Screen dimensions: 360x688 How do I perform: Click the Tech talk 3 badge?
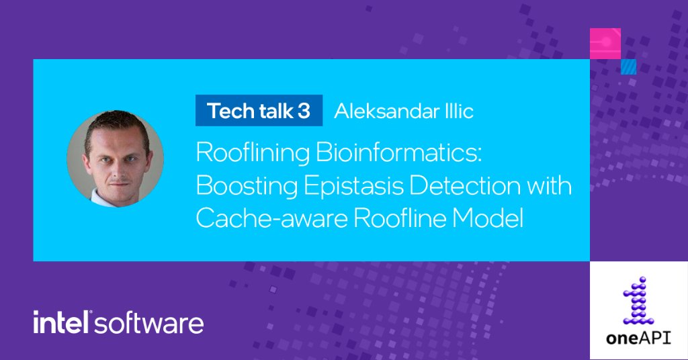tap(259, 111)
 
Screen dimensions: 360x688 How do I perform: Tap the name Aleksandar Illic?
tap(403, 111)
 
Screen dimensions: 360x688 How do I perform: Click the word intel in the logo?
tap(60, 322)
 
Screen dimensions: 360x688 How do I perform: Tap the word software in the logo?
tap(148, 323)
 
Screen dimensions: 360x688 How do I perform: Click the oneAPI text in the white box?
tap(638, 339)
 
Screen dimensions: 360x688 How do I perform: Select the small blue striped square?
tap(628, 66)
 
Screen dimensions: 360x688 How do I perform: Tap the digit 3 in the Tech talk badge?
tap(304, 111)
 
